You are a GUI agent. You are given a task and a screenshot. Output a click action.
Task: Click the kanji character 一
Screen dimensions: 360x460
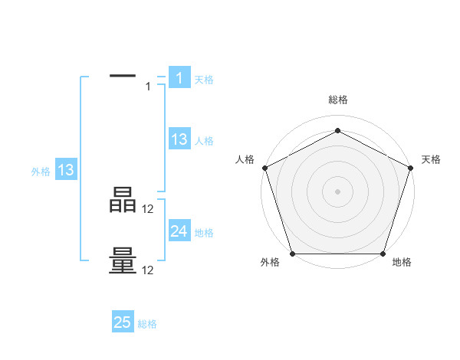(123, 75)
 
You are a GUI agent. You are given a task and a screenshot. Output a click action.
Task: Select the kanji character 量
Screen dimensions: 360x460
(123, 260)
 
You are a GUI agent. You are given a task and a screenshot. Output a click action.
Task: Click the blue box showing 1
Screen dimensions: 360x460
(179, 77)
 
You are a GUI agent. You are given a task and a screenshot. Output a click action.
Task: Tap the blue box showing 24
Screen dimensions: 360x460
(179, 231)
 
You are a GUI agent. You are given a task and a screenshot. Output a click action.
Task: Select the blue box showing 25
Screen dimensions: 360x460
(123, 322)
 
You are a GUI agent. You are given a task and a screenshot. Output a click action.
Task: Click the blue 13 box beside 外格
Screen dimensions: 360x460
(66, 170)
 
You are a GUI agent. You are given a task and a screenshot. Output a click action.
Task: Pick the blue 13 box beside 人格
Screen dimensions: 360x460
(179, 139)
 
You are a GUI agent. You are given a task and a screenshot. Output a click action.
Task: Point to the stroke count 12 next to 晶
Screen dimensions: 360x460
(148, 209)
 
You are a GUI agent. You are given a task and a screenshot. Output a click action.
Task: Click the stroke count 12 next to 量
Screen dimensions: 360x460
(148, 270)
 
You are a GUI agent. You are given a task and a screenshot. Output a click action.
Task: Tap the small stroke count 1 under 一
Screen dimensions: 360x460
(148, 87)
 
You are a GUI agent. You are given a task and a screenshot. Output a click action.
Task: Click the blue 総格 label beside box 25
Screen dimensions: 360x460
(147, 324)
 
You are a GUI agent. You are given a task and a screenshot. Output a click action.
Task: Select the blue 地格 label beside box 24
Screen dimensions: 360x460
(204, 233)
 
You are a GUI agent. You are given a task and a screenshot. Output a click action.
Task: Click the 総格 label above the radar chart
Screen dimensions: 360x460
(337, 100)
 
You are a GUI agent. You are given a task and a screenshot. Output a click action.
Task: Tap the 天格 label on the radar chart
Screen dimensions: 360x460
(431, 159)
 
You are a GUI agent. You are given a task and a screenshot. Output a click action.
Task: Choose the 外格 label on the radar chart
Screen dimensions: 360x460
(270, 262)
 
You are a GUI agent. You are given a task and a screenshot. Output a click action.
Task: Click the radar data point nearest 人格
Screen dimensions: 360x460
(265, 168)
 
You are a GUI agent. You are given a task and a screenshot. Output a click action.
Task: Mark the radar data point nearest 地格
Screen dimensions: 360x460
(383, 254)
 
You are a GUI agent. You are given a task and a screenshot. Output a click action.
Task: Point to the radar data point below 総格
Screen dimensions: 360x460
(337, 130)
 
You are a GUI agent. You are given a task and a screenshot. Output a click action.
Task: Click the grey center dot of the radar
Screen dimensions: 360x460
(337, 191)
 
